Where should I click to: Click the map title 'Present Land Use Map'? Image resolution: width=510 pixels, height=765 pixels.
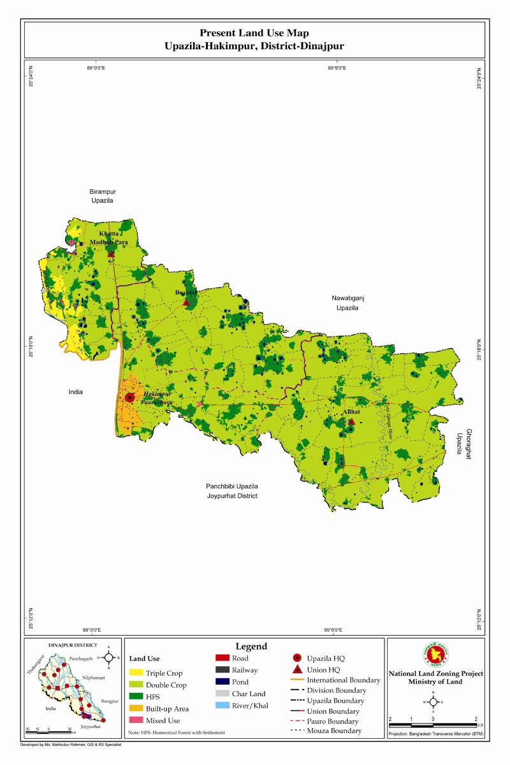coord(254,33)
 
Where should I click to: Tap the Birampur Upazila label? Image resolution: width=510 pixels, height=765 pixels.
coord(101,196)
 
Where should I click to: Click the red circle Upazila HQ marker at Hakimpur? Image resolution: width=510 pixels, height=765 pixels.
coord(129,397)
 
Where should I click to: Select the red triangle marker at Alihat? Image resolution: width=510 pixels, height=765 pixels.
coord(351,421)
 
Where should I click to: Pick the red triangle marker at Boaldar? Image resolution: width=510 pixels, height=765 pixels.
coord(186,302)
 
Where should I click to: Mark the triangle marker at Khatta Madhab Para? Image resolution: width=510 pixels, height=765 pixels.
coord(111,254)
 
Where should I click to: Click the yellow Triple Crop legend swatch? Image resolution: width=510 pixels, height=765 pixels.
coord(135,673)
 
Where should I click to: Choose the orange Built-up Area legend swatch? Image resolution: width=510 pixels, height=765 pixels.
coord(135,708)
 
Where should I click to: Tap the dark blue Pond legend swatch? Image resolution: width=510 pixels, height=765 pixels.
coord(222,681)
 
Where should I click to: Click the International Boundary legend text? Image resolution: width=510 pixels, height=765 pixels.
coord(343,680)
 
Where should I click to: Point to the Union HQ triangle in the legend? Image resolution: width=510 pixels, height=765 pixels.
coord(297,669)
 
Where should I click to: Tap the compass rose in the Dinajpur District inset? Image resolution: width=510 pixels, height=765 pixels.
coord(109,657)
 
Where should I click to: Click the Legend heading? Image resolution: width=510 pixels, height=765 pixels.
coord(251,646)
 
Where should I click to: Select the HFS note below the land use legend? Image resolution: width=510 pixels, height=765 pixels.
coord(177,732)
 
